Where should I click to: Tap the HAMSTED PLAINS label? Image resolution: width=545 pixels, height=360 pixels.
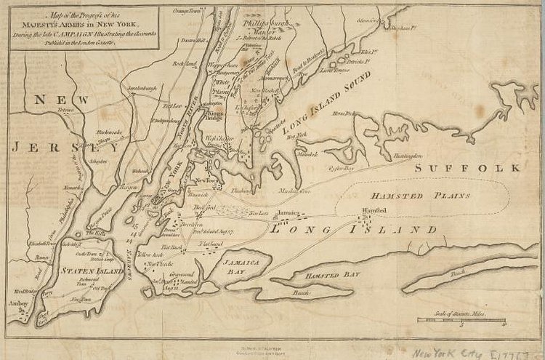tap(421, 196)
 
